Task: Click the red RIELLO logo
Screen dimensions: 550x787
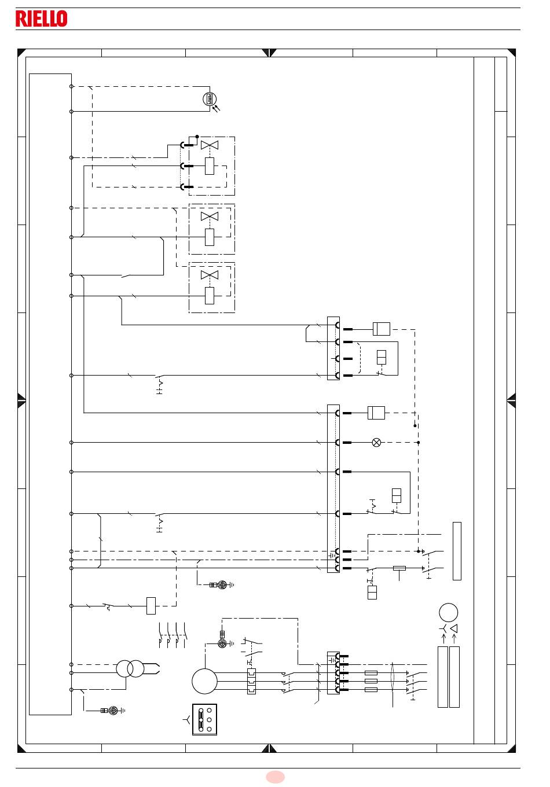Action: pos(42,19)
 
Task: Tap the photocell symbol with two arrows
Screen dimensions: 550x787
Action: pos(211,101)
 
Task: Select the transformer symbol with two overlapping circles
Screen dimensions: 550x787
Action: pos(130,668)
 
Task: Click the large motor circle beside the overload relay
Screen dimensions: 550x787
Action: pos(204,681)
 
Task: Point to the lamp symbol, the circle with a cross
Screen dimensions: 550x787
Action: pos(376,442)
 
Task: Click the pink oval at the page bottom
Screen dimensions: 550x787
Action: pos(275,777)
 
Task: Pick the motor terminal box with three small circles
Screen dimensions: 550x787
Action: pos(204,719)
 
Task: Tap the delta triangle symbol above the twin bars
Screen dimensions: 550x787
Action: pos(454,628)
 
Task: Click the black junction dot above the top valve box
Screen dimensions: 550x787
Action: pos(197,137)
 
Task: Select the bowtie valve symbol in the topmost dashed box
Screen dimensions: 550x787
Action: pos(210,145)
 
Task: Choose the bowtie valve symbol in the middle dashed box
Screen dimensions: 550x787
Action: pos(210,216)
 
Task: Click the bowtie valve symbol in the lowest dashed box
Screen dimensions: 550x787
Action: pos(210,275)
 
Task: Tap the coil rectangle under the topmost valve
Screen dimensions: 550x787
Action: pos(210,166)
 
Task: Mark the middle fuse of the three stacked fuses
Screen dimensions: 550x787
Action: pos(371,681)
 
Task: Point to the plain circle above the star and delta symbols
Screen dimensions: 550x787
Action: pos(449,612)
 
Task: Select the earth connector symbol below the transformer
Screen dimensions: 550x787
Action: pos(113,711)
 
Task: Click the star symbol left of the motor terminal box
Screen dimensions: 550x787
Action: pos(186,719)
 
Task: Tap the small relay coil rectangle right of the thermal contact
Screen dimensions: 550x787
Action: pos(151,606)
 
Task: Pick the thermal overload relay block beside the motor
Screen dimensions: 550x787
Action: pos(252,681)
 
